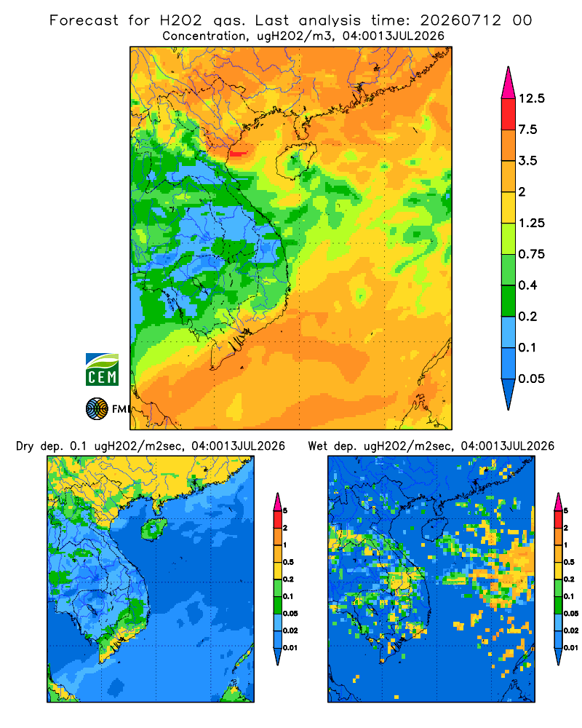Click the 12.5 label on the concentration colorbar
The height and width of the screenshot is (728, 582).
pyautogui.click(x=531, y=98)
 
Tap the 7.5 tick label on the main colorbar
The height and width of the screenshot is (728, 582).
pyautogui.click(x=527, y=130)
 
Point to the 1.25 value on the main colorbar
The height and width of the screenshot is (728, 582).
pyautogui.click(x=531, y=223)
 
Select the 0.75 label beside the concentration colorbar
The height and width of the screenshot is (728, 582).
pyautogui.click(x=531, y=254)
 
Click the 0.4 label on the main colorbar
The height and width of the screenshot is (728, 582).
pyautogui.click(x=527, y=285)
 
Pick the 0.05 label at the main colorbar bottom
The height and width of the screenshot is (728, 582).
pyautogui.click(x=531, y=379)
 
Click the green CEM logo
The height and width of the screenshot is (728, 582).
pyautogui.click(x=102, y=370)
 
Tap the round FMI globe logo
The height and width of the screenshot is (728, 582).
pyautogui.click(x=97, y=409)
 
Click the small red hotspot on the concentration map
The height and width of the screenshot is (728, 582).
pyautogui.click(x=239, y=153)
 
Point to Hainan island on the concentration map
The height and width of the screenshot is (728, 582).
pyautogui.click(x=295, y=160)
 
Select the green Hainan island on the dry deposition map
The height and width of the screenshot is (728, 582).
pyautogui.click(x=154, y=529)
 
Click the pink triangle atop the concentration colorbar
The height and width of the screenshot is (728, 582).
pyautogui.click(x=509, y=83)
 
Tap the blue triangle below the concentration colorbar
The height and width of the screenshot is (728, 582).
pyautogui.click(x=509, y=394)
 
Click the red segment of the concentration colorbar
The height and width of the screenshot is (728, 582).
pyautogui.click(x=509, y=114)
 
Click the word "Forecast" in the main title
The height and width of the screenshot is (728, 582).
pyautogui.click(x=84, y=20)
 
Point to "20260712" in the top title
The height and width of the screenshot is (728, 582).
pyautogui.click(x=461, y=20)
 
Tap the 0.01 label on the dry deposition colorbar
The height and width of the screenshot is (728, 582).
pyautogui.click(x=290, y=648)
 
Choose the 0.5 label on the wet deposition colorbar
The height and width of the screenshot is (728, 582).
pyautogui.click(x=569, y=562)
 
